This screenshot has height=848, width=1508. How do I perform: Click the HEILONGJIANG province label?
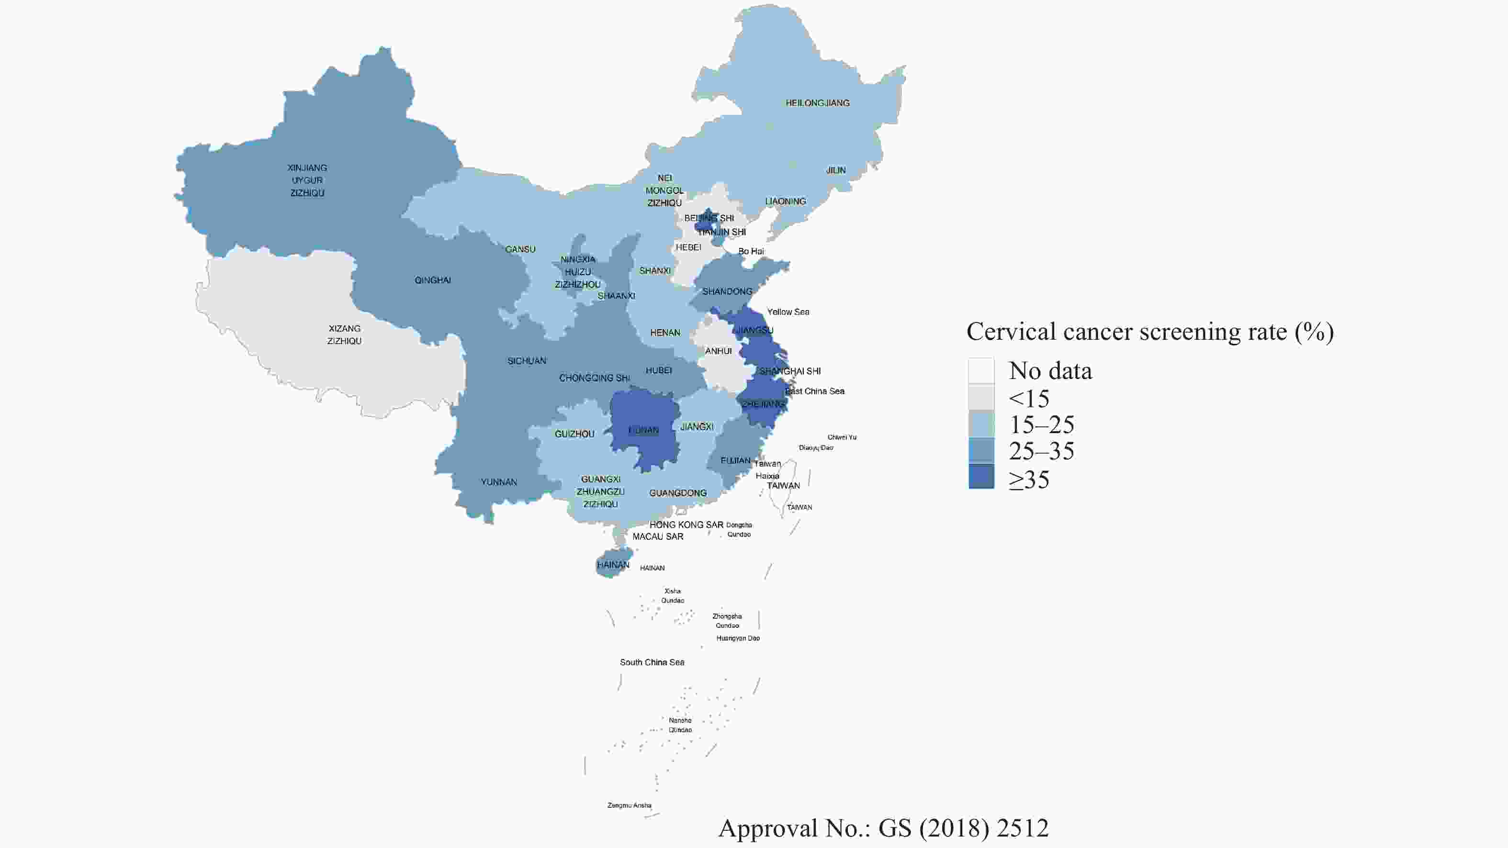pyautogui.click(x=817, y=103)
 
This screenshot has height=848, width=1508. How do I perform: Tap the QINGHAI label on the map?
pyautogui.click(x=433, y=280)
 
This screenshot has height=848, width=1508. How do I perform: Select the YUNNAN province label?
pyautogui.click(x=499, y=482)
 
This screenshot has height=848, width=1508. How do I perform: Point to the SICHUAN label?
pyautogui.click(x=526, y=361)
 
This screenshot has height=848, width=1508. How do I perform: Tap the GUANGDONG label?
pyautogui.click(x=677, y=493)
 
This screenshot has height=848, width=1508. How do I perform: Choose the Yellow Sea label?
pyautogui.click(x=788, y=312)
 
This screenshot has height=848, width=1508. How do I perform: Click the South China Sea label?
pyautogui.click(x=652, y=662)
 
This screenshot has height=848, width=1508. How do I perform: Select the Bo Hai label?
pyautogui.click(x=751, y=251)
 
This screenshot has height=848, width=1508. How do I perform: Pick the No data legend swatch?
pyautogui.click(x=981, y=370)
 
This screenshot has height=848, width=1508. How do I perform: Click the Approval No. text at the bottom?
pyautogui.click(x=883, y=827)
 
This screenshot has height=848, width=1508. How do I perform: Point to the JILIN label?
pyautogui.click(x=835, y=170)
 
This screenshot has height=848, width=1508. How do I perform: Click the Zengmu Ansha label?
pyautogui.click(x=630, y=805)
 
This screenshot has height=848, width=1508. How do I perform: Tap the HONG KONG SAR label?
pyautogui.click(x=686, y=525)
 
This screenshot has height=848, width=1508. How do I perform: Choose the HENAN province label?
pyautogui.click(x=665, y=333)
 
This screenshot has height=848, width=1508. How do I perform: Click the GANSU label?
pyautogui.click(x=520, y=249)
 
